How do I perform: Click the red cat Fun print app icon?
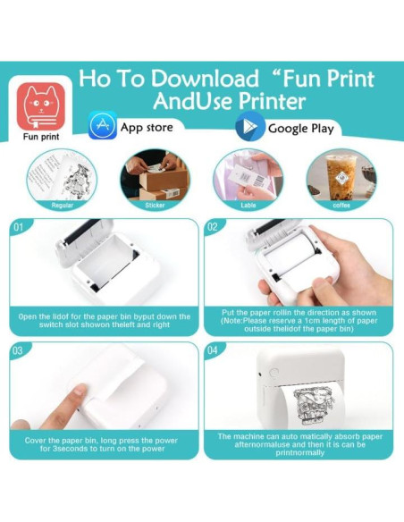[x=41, y=106]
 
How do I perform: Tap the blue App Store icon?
[x=103, y=125]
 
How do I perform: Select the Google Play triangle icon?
[x=250, y=127]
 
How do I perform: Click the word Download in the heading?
[x=205, y=79]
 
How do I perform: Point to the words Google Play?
[x=301, y=129]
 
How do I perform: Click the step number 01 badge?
[x=19, y=227]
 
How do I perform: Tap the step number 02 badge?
[x=213, y=227]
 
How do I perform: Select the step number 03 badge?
[x=18, y=350]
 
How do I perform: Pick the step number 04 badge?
[x=213, y=350]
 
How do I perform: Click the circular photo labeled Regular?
[x=62, y=180]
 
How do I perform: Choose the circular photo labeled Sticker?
[x=155, y=180]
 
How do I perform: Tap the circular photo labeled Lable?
[x=248, y=180]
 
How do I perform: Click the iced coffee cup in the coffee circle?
[x=341, y=176]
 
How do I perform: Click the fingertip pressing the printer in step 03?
[x=80, y=391]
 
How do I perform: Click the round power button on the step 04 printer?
[x=274, y=373]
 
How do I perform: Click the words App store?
[x=147, y=128]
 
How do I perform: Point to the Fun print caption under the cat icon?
[x=41, y=137]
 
